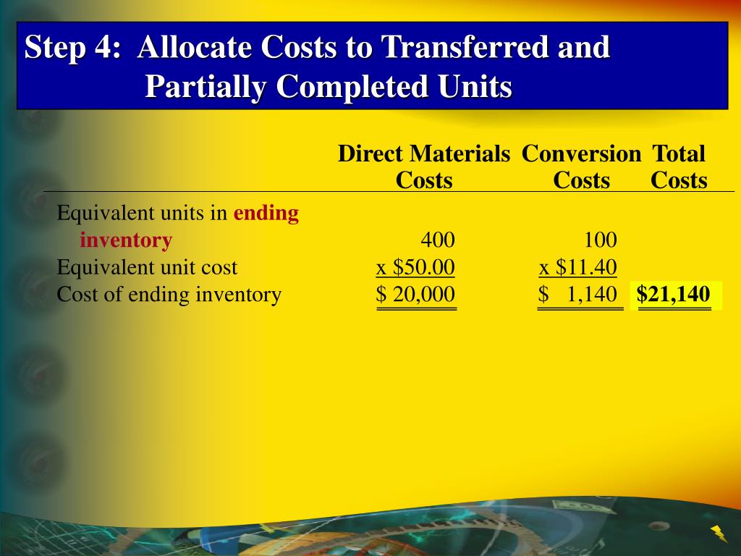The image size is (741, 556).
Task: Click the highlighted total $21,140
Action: (674, 295)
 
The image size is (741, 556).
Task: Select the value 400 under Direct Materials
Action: (438, 240)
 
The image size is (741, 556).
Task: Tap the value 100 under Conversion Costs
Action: (601, 240)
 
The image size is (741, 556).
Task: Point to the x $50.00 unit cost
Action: (415, 268)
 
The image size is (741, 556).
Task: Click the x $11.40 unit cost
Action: (578, 268)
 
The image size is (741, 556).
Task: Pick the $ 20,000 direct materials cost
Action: (416, 295)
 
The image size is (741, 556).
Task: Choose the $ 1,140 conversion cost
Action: (578, 295)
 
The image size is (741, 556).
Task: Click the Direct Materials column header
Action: (423, 154)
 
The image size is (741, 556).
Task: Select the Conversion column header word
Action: (581, 154)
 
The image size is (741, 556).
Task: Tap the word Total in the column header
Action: (678, 154)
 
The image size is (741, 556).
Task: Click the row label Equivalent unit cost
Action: (147, 268)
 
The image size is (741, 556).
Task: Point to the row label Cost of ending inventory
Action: (169, 295)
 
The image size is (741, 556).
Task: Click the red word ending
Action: (266, 214)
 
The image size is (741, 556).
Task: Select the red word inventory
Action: (126, 240)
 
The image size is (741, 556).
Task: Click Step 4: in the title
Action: (72, 49)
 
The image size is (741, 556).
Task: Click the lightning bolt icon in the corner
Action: (719, 534)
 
